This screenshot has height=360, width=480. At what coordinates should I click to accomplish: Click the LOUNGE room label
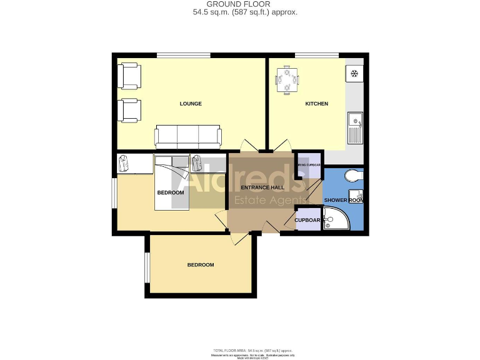(x=191, y=104)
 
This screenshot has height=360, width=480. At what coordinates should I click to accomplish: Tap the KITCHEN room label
(x=316, y=104)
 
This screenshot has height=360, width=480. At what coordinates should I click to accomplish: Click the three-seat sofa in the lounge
(x=188, y=136)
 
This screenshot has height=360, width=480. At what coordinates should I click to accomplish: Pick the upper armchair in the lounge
(x=129, y=76)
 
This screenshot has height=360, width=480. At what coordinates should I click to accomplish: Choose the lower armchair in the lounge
(x=129, y=110)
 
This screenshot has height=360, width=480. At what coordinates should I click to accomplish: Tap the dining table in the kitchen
(x=287, y=80)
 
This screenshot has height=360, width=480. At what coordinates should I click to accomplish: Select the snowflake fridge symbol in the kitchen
(x=354, y=74)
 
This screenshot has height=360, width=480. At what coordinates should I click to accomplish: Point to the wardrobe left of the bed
(x=134, y=164)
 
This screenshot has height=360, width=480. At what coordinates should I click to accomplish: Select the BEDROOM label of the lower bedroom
(x=201, y=265)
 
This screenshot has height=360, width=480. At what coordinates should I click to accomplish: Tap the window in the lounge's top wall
(x=174, y=56)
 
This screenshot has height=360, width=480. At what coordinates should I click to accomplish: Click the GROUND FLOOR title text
(x=243, y=4)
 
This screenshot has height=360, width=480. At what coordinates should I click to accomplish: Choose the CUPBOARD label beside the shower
(x=307, y=220)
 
